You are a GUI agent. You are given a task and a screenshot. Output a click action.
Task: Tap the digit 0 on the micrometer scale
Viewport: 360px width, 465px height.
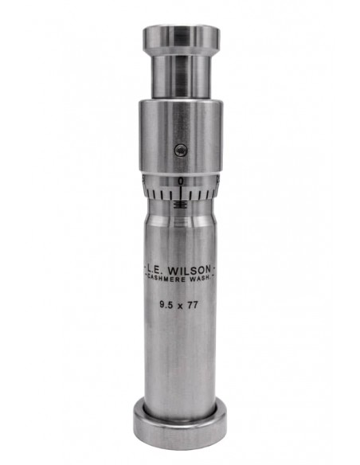coord(182,182)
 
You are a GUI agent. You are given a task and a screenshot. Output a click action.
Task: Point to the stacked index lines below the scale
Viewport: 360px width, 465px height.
coord(182,204)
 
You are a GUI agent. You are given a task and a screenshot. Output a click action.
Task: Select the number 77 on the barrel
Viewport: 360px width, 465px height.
coord(197,303)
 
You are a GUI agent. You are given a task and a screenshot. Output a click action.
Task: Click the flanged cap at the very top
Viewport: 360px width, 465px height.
coord(181,37)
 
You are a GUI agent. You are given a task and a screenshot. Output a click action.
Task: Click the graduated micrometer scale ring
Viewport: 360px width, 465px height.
coord(181,190)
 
